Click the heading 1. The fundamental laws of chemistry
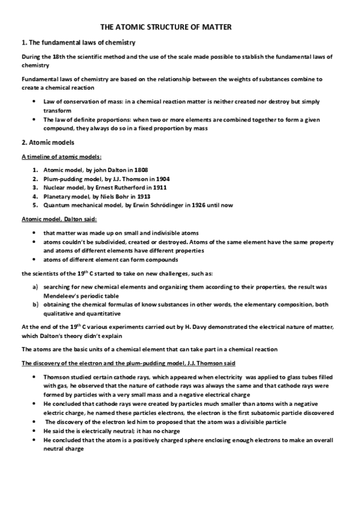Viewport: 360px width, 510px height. coord(78,43)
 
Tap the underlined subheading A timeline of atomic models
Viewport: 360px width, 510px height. coord(56,158)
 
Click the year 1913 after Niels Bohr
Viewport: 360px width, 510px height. coord(142,197)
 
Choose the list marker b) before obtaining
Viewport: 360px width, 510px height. coord(37,306)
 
